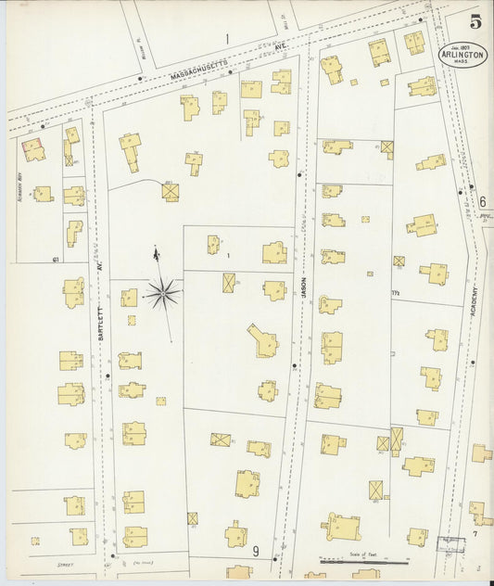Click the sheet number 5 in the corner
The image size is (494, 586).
point(475,23)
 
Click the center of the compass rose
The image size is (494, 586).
point(162,293)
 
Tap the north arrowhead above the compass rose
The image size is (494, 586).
point(156,252)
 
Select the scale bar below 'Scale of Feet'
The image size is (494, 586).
point(362,561)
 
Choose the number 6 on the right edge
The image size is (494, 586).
point(482,202)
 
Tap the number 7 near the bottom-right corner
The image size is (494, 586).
point(475,535)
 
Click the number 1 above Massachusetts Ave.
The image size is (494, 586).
point(225,39)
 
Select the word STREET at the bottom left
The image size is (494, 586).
point(65,564)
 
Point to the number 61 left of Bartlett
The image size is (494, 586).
point(57,259)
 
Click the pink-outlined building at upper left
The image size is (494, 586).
point(33,149)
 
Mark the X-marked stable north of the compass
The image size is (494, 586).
point(170,191)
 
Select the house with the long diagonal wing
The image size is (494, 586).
point(262,341)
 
